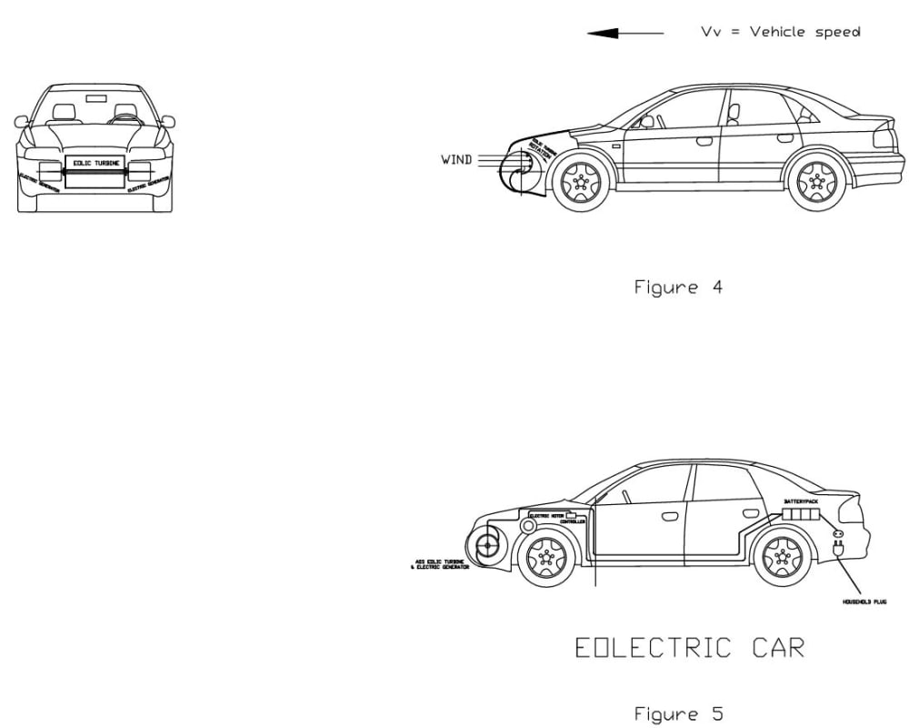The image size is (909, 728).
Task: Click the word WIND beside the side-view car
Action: pos(456,160)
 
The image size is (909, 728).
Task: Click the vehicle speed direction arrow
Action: pos(624,34)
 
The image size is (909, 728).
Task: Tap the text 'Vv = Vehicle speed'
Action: pos(780,32)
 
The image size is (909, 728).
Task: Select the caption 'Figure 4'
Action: pos(678,288)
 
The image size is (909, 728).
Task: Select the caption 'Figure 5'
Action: pos(678,714)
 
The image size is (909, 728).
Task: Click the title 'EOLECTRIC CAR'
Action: pos(690,648)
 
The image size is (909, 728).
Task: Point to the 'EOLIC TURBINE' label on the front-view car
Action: pos(95,163)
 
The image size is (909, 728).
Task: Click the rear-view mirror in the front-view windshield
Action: pos(95,97)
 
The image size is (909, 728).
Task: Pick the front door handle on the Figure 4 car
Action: pos(704,141)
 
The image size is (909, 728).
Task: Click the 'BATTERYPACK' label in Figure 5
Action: pos(801,501)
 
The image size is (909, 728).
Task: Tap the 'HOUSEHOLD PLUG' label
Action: pos(864,602)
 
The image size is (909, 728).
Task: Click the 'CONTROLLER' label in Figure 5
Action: pos(573,522)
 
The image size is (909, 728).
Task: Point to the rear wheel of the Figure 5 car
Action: pos(782,556)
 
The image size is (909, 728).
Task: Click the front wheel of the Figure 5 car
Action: pos(545,557)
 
